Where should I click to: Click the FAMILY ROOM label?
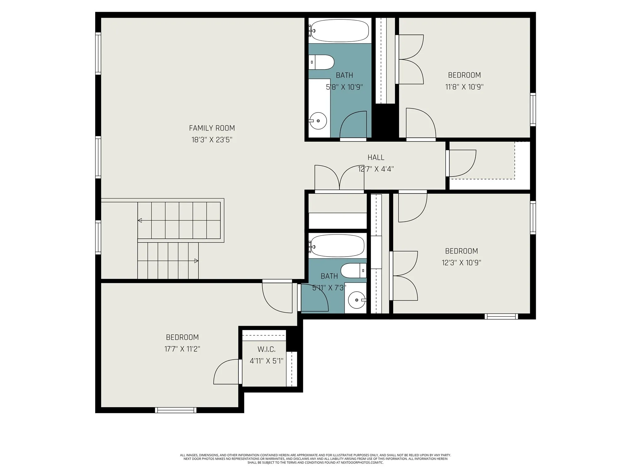point(212,128)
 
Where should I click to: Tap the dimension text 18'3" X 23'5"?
point(212,140)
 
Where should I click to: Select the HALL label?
point(376,157)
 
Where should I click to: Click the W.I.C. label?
point(266,349)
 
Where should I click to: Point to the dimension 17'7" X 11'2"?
point(182,349)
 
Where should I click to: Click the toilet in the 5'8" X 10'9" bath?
point(322,62)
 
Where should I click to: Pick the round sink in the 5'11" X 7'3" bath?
point(356,300)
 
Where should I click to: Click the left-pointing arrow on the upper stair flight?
point(140,220)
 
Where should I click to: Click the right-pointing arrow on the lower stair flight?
point(196,261)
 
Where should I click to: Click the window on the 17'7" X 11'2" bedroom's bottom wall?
point(176,410)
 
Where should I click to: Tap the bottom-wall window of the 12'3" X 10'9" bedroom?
point(501,316)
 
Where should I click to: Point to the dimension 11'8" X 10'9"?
point(464,87)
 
